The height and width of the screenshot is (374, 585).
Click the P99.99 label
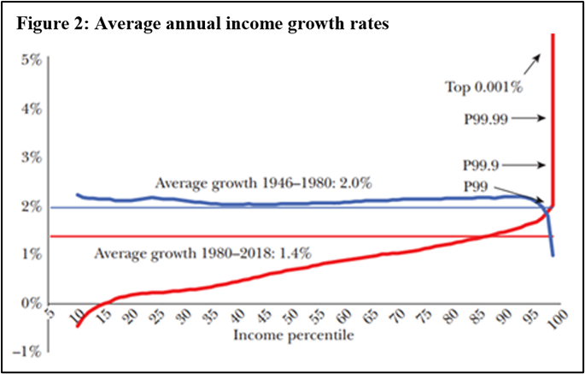point(487,120)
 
